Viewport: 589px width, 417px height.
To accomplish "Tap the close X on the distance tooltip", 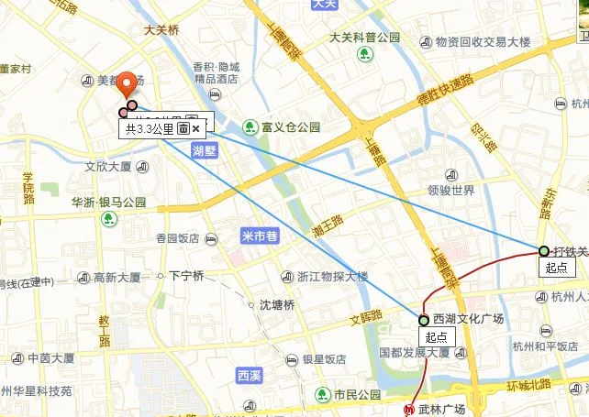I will click(196, 129).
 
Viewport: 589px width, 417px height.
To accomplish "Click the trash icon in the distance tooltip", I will click(183, 129).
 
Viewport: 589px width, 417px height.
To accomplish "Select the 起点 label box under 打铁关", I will click(556, 268).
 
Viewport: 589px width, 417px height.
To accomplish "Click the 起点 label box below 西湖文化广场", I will click(436, 336).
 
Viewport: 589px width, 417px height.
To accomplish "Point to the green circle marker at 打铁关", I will click(544, 250).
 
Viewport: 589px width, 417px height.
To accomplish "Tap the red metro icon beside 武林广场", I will click(410, 408).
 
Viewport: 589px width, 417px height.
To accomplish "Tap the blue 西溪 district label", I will click(249, 375).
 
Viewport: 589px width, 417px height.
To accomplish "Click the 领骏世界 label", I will click(450, 191).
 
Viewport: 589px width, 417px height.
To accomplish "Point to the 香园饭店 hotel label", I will click(177, 237).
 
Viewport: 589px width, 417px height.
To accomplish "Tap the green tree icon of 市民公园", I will click(322, 395).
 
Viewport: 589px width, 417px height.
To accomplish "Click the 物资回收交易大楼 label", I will click(483, 42).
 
